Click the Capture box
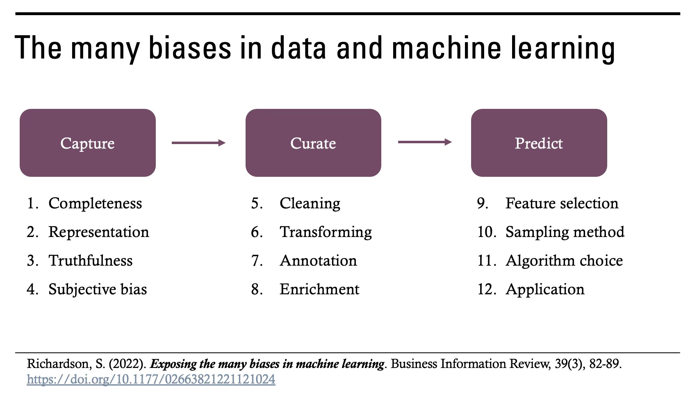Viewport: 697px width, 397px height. pos(87,143)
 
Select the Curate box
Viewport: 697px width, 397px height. pos(313,143)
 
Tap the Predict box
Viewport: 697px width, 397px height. pos(539,143)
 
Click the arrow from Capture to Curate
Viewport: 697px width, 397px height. pos(198,143)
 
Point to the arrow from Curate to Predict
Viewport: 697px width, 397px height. pos(425,142)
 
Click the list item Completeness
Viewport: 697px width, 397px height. pos(95,203)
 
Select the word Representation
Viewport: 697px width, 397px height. pos(98,232)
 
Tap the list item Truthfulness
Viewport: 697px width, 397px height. pos(90,261)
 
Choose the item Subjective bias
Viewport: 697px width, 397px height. pos(98,289)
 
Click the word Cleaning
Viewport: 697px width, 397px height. pos(310,203)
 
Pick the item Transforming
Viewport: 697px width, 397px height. pos(326,232)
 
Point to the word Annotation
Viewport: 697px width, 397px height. pos(318,261)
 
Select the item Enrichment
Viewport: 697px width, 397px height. pos(319,289)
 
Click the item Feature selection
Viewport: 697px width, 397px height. pos(562,203)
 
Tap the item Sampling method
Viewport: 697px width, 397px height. pos(565,232)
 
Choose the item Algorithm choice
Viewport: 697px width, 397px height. pos(564,261)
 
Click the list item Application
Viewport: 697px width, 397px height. pos(545,289)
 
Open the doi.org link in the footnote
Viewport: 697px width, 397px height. pos(151,379)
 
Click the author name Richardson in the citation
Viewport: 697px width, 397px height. pos(57,364)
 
